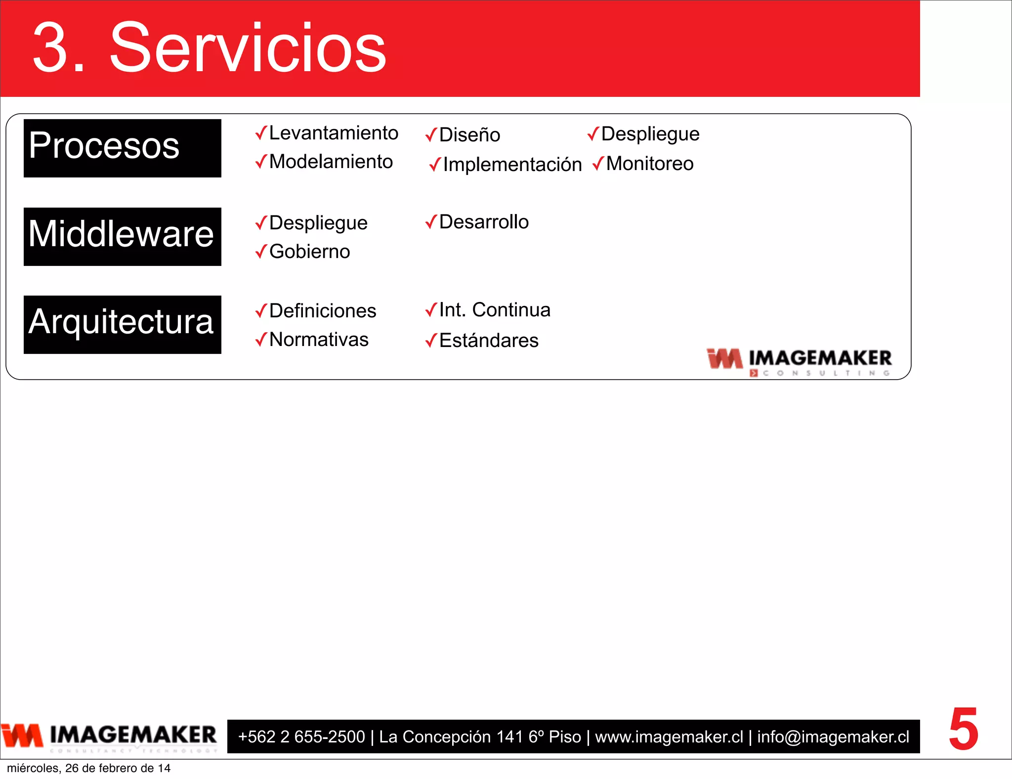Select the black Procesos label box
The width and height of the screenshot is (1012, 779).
click(122, 148)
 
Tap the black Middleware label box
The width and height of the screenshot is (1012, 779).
click(122, 236)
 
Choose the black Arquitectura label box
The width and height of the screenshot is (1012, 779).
click(122, 324)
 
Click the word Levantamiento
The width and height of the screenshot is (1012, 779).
click(334, 133)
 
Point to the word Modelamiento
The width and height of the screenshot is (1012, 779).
click(331, 162)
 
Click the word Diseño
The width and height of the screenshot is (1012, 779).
click(469, 134)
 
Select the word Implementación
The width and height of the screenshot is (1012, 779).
click(512, 165)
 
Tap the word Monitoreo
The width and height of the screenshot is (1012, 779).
click(649, 164)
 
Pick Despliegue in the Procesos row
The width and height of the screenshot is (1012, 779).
click(650, 134)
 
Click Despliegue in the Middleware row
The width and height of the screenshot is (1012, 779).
click(318, 223)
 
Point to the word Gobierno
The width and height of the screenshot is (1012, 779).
click(309, 252)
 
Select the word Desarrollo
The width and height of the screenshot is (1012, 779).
click(484, 222)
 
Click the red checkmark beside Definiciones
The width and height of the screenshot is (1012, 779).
click(261, 311)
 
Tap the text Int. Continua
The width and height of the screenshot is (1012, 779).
click(494, 310)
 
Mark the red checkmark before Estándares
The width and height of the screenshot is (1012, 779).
click(431, 340)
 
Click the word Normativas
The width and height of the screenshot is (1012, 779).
click(319, 340)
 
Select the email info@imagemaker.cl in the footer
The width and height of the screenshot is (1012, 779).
click(833, 736)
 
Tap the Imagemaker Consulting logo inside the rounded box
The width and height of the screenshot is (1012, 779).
click(799, 362)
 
